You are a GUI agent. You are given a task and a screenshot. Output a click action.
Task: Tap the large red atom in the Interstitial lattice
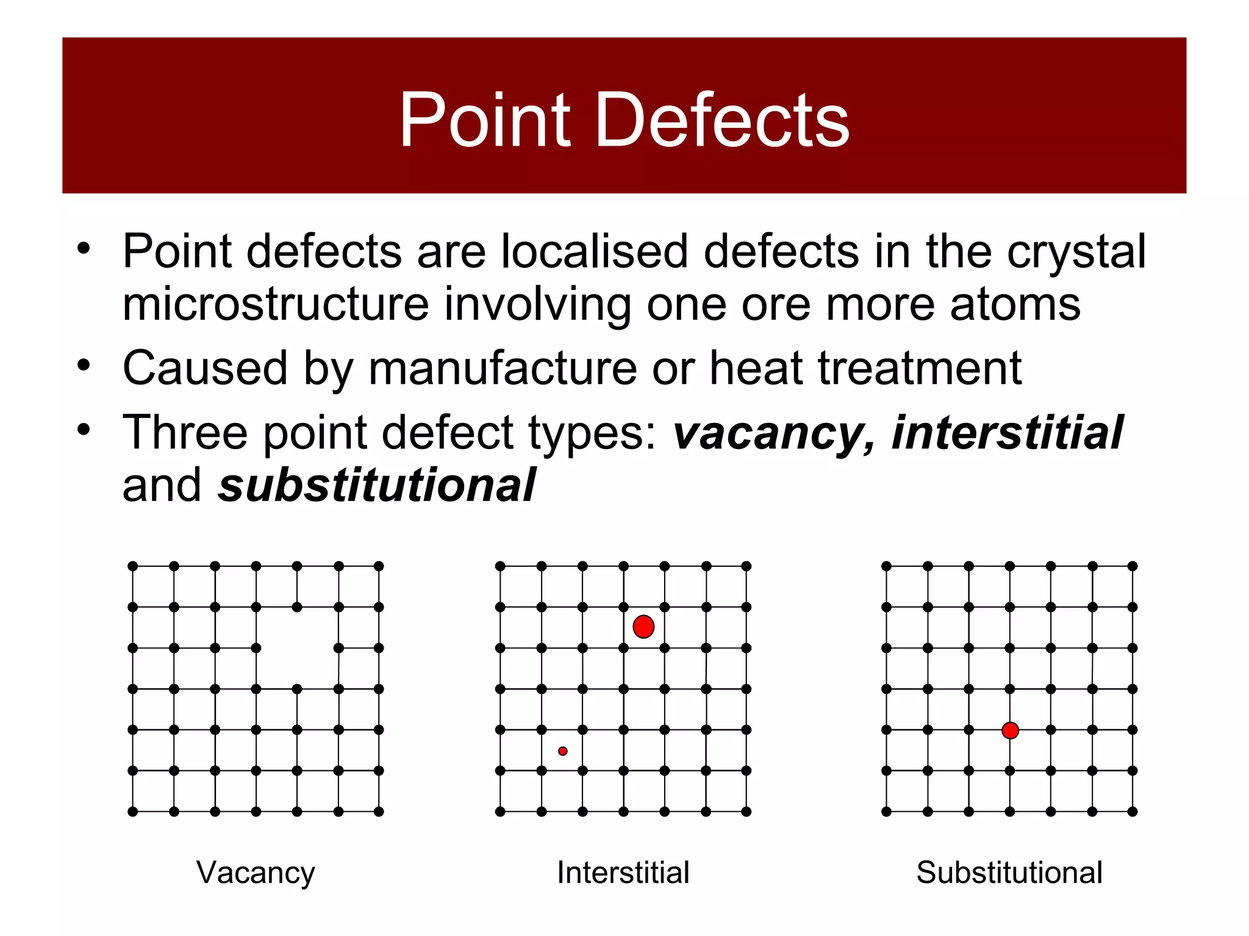click(643, 626)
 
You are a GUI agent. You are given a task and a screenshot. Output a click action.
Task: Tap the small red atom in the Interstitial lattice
click(563, 751)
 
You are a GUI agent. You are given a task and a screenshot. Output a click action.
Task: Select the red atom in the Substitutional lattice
click(1010, 730)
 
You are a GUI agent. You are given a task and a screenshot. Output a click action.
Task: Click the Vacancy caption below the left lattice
click(256, 873)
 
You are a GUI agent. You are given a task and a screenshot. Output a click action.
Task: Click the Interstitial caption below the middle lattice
click(623, 873)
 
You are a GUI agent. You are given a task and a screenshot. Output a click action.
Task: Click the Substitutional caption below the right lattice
click(1009, 873)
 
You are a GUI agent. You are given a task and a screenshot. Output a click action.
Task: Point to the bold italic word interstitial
click(1007, 433)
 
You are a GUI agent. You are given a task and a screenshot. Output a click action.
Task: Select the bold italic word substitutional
click(377, 486)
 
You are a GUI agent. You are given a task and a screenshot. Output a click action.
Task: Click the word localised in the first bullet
click(595, 251)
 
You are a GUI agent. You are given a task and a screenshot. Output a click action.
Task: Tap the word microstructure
click(276, 304)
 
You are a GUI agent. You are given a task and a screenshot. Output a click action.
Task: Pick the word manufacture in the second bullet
click(503, 369)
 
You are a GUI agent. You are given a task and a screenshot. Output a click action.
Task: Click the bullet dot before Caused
click(84, 366)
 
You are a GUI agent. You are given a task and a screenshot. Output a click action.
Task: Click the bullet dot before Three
click(84, 430)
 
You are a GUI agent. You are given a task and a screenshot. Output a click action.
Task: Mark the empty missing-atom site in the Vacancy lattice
click(297, 648)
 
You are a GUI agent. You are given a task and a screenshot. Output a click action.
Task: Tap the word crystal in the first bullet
click(1076, 252)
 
